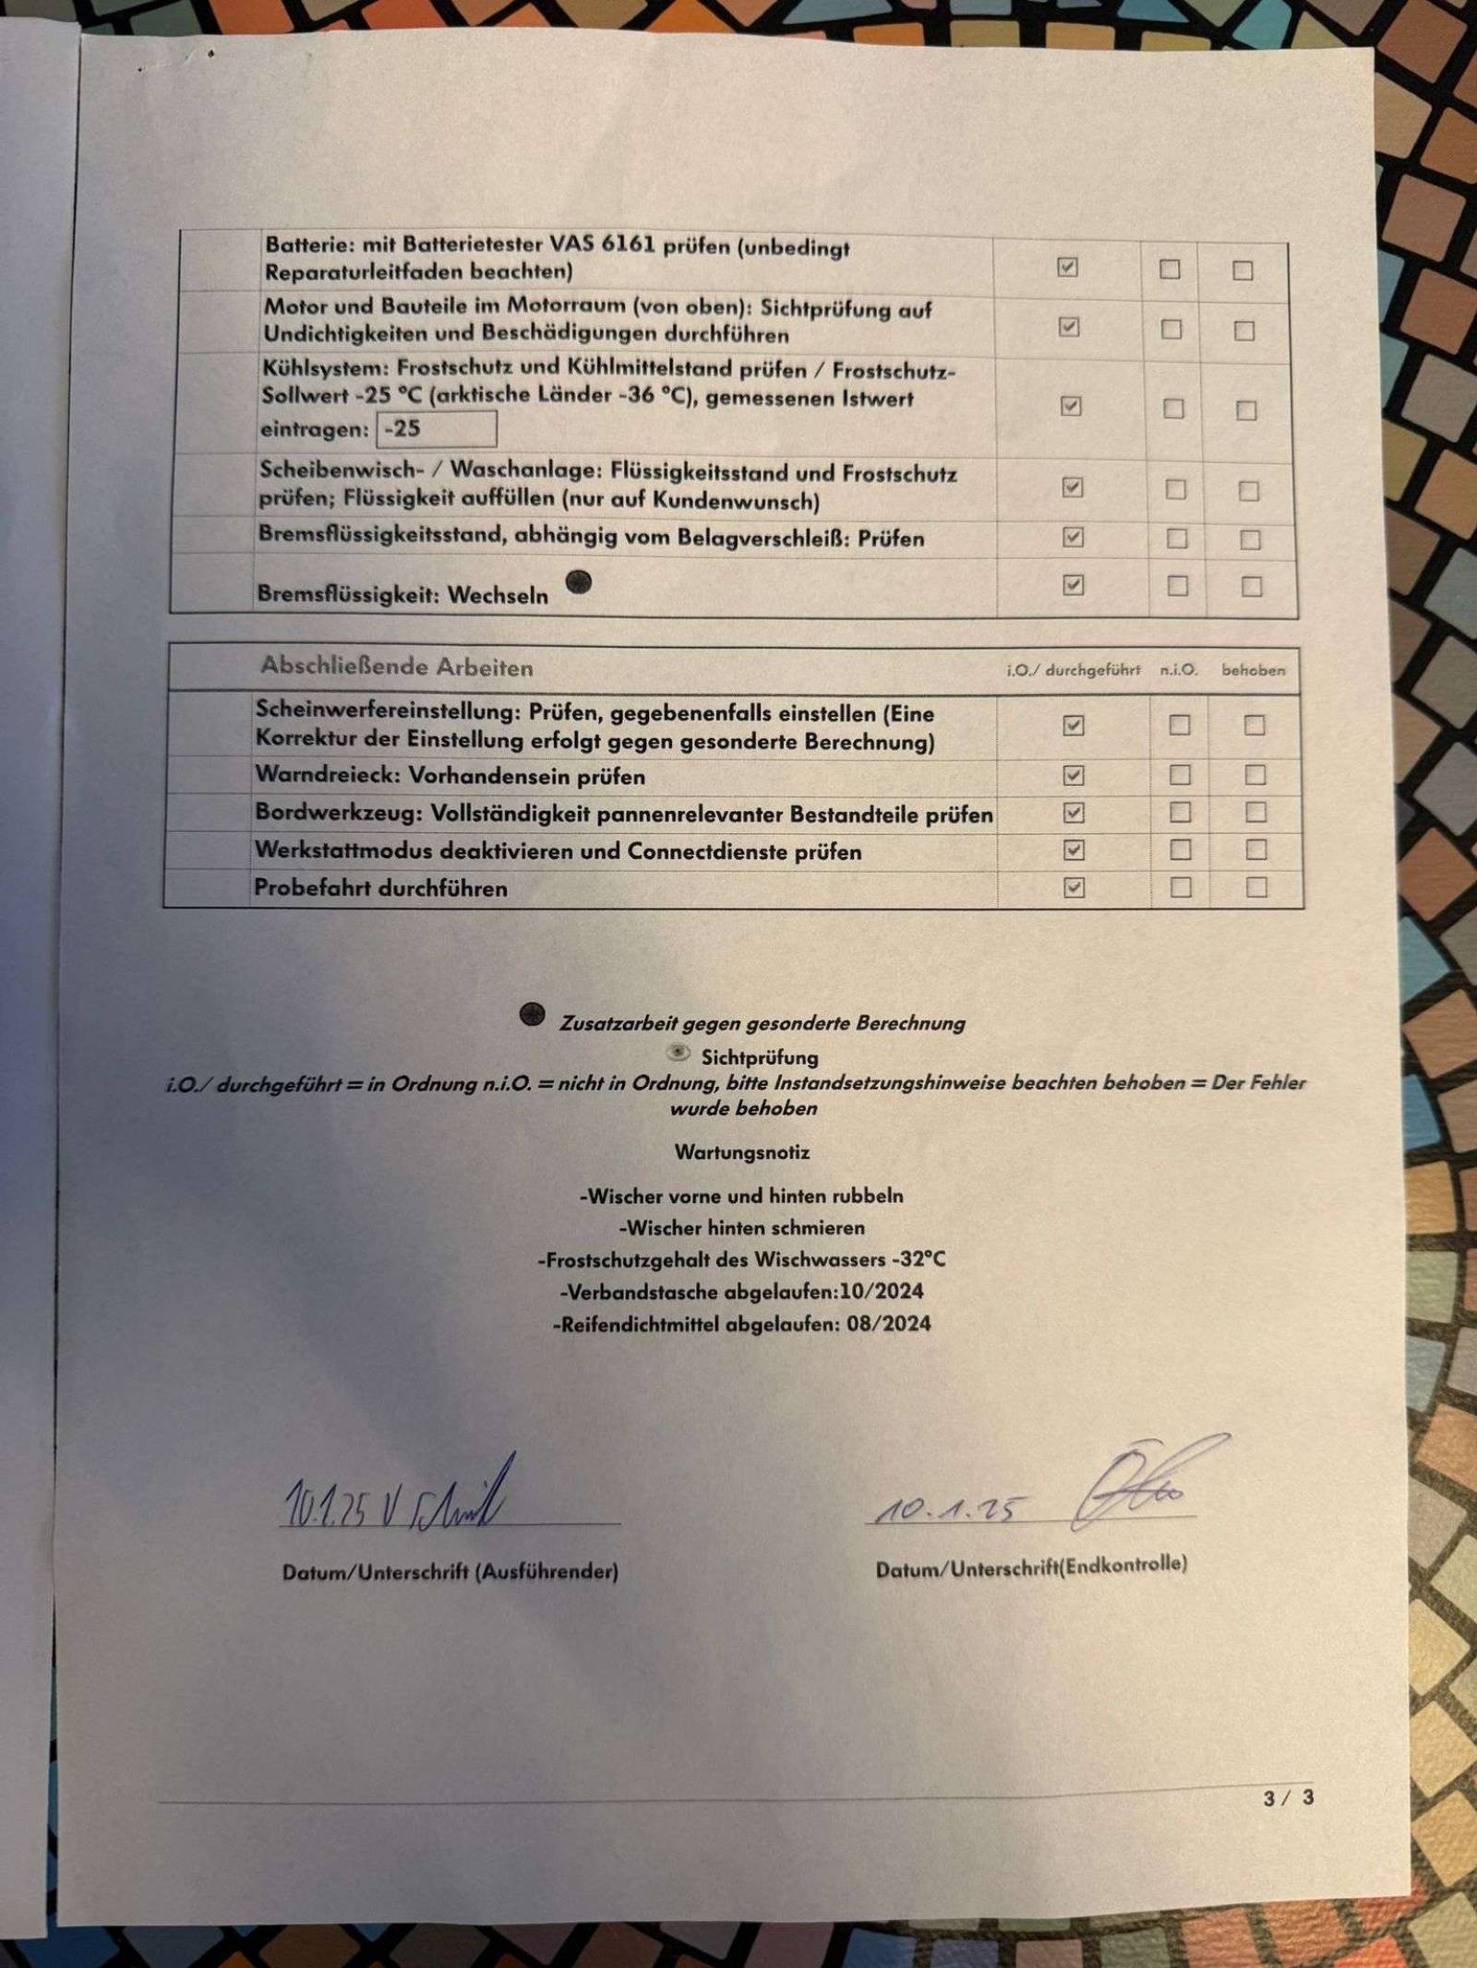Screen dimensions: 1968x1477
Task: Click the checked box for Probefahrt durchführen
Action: [x=1074, y=888]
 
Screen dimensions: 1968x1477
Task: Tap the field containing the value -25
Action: [x=437, y=429]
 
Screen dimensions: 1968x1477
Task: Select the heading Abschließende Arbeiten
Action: [x=396, y=666]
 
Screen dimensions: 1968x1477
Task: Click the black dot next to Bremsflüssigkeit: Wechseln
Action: [x=579, y=582]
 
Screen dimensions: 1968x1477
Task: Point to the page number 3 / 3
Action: [x=1289, y=1797]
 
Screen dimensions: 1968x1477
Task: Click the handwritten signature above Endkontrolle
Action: [x=1145, y=1483]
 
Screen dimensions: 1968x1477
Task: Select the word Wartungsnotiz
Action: [x=742, y=1151]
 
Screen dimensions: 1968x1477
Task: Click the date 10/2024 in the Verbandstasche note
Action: [x=882, y=1291]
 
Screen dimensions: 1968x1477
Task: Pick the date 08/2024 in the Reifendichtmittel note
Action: [x=888, y=1323]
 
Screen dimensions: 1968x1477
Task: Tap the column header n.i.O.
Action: [x=1179, y=670]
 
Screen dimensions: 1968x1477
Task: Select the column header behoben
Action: [x=1253, y=670]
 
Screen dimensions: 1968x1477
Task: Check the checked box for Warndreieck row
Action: [x=1073, y=775]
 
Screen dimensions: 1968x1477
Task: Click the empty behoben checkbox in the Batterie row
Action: [x=1243, y=270]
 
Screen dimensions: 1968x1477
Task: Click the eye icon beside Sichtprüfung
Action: [x=679, y=1053]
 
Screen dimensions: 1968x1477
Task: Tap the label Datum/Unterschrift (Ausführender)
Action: [x=450, y=1571]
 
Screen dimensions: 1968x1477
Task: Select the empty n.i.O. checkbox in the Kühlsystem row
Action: [x=1173, y=408]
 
